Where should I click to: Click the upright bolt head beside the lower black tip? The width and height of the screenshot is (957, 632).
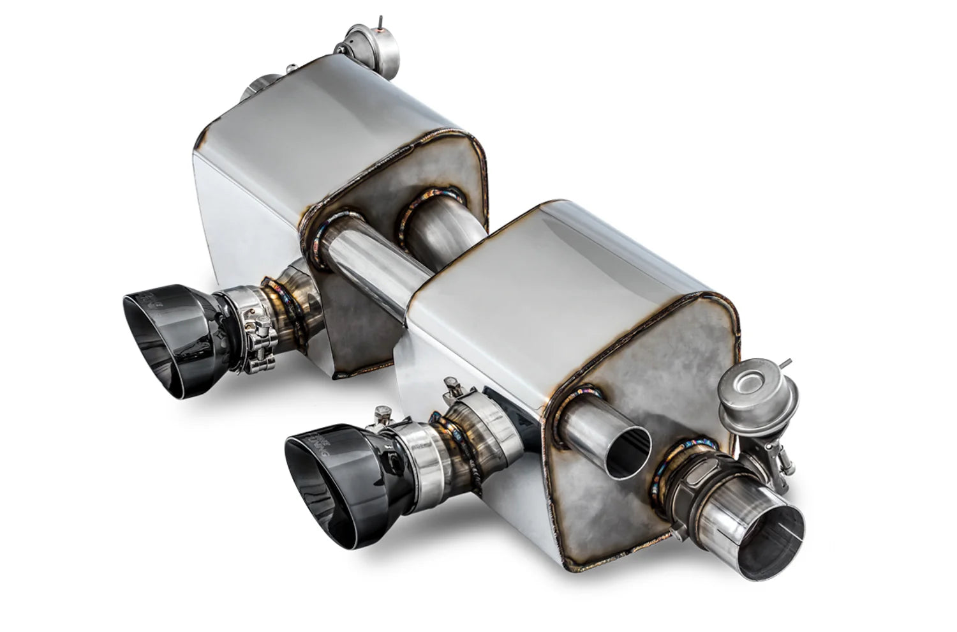[x=383, y=413]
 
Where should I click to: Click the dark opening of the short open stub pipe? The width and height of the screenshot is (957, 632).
[x=628, y=454]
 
